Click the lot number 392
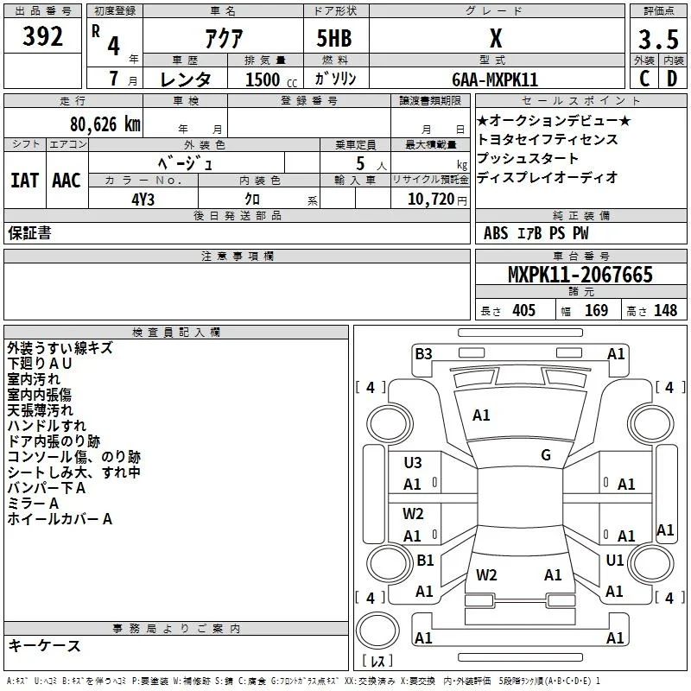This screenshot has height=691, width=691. click(x=42, y=36)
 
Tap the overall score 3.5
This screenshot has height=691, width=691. click(x=658, y=39)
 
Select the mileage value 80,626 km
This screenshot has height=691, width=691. click(x=105, y=124)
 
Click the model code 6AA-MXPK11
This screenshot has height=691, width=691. click(x=495, y=79)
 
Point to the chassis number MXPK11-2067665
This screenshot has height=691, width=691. click(x=580, y=275)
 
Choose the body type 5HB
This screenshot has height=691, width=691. click(x=334, y=38)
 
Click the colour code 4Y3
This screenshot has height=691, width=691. click(x=143, y=200)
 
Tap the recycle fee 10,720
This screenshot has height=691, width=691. click(x=431, y=200)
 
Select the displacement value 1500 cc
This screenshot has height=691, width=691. click(x=271, y=79)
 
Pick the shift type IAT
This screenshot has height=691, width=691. click(x=25, y=181)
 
